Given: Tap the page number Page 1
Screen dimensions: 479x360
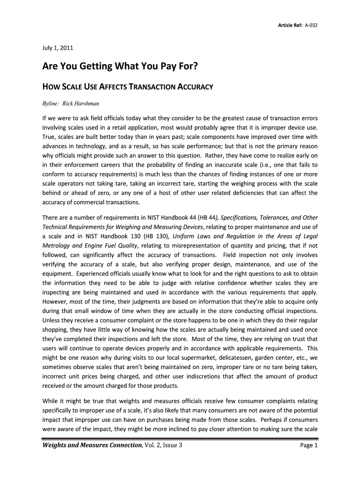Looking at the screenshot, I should point(309,445).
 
